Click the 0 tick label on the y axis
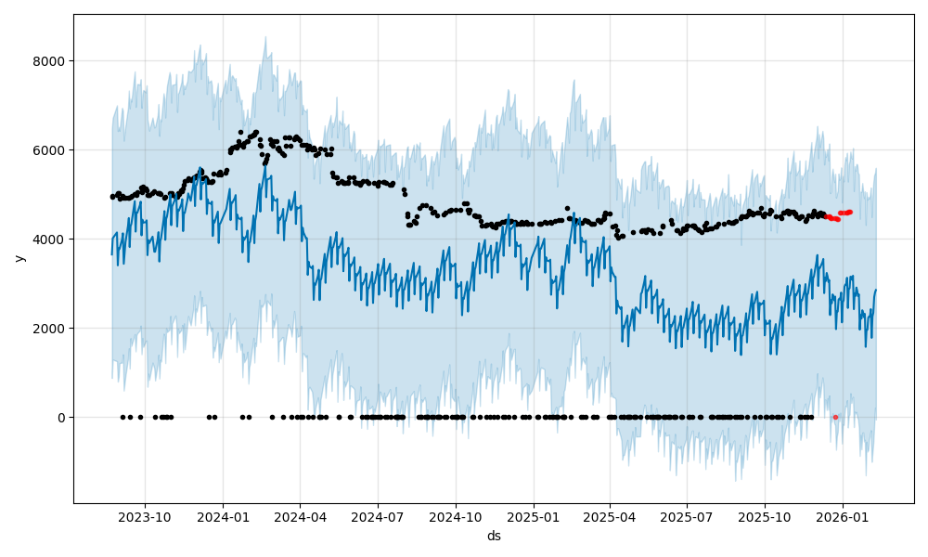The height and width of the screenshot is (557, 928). tap(61, 418)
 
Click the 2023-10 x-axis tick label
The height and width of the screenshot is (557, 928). tap(145, 517)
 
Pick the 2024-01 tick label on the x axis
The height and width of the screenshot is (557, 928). tap(223, 517)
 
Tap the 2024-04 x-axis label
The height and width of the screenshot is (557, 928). tap(300, 517)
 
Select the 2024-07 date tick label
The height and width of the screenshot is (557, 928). tap(378, 517)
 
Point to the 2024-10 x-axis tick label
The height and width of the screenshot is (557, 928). tap(456, 517)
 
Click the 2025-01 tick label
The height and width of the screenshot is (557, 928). tap(534, 517)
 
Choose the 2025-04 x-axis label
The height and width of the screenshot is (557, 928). tap(610, 517)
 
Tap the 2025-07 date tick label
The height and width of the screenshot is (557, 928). tap(687, 517)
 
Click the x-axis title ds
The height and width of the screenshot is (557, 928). tap(494, 536)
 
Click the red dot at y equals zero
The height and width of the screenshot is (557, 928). tap(835, 417)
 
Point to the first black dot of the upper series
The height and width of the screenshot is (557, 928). tap(112, 196)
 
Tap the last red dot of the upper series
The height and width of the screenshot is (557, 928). tap(850, 212)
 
